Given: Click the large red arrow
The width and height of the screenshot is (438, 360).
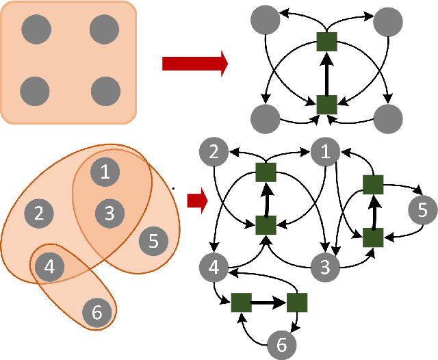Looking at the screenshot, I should tap(194, 64).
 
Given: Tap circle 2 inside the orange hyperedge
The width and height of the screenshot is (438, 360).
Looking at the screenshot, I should tap(39, 213).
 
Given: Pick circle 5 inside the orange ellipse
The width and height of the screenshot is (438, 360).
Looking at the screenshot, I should tap(153, 241).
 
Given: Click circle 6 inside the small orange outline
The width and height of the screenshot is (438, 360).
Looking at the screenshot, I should tap(96, 312).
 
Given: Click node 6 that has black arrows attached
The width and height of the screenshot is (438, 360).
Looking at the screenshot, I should tap(279, 345).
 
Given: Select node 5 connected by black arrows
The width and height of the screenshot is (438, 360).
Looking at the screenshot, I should tap(422, 209).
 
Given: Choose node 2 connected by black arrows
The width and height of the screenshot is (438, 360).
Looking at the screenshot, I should tap(214, 151).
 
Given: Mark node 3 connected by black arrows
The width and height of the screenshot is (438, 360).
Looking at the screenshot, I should tap(324, 265).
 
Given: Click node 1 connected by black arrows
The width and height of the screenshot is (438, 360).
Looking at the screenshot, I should tap(324, 151).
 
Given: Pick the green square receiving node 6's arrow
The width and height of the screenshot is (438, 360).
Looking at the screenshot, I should tap(241, 302).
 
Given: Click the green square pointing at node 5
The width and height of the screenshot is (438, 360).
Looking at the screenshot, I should tap(372, 184).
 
